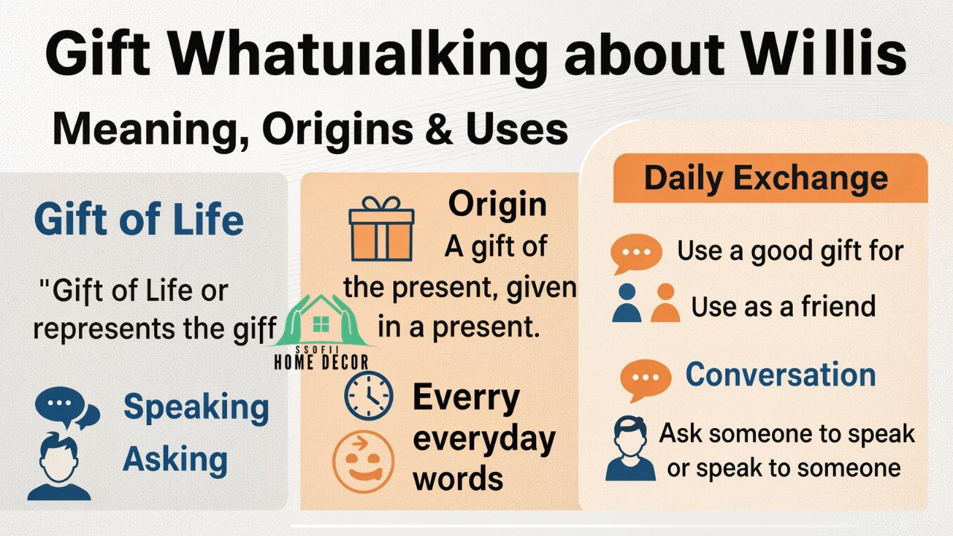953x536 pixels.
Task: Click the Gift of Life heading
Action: (139, 220)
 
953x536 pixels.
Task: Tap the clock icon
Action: (369, 395)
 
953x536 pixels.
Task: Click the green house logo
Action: (322, 322)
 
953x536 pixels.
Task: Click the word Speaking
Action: (196, 406)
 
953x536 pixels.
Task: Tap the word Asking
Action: (175, 459)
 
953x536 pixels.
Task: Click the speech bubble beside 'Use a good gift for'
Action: (636, 253)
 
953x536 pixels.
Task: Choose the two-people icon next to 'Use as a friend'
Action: (646, 302)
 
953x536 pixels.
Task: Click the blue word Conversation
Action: (780, 374)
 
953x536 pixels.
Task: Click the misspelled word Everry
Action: (465, 398)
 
